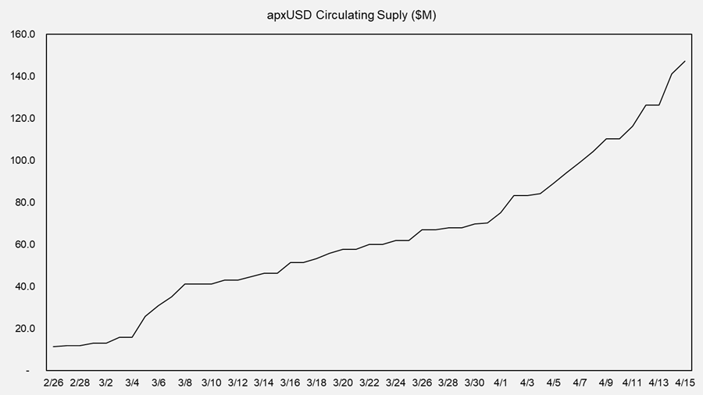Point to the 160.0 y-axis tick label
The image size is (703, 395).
click(23, 34)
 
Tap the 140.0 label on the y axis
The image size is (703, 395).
click(23, 77)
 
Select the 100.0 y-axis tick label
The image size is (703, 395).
click(23, 160)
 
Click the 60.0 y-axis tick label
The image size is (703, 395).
click(25, 244)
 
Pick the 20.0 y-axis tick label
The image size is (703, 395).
click(25, 329)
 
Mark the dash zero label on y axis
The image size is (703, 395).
click(28, 371)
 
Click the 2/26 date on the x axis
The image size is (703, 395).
click(53, 383)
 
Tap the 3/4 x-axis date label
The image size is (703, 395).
click(132, 383)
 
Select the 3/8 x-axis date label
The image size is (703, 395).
click(185, 383)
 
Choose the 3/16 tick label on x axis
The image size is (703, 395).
click(290, 383)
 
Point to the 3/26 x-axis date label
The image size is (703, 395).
click(422, 383)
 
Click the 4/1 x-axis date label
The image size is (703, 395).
click(501, 383)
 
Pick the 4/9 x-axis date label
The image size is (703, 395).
click(605, 383)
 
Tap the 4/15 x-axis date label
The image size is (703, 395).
click(684, 383)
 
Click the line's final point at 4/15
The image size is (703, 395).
click(684, 62)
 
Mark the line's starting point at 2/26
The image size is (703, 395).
click(53, 347)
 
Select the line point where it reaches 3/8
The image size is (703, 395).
click(185, 284)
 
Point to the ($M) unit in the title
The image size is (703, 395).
click(423, 16)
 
